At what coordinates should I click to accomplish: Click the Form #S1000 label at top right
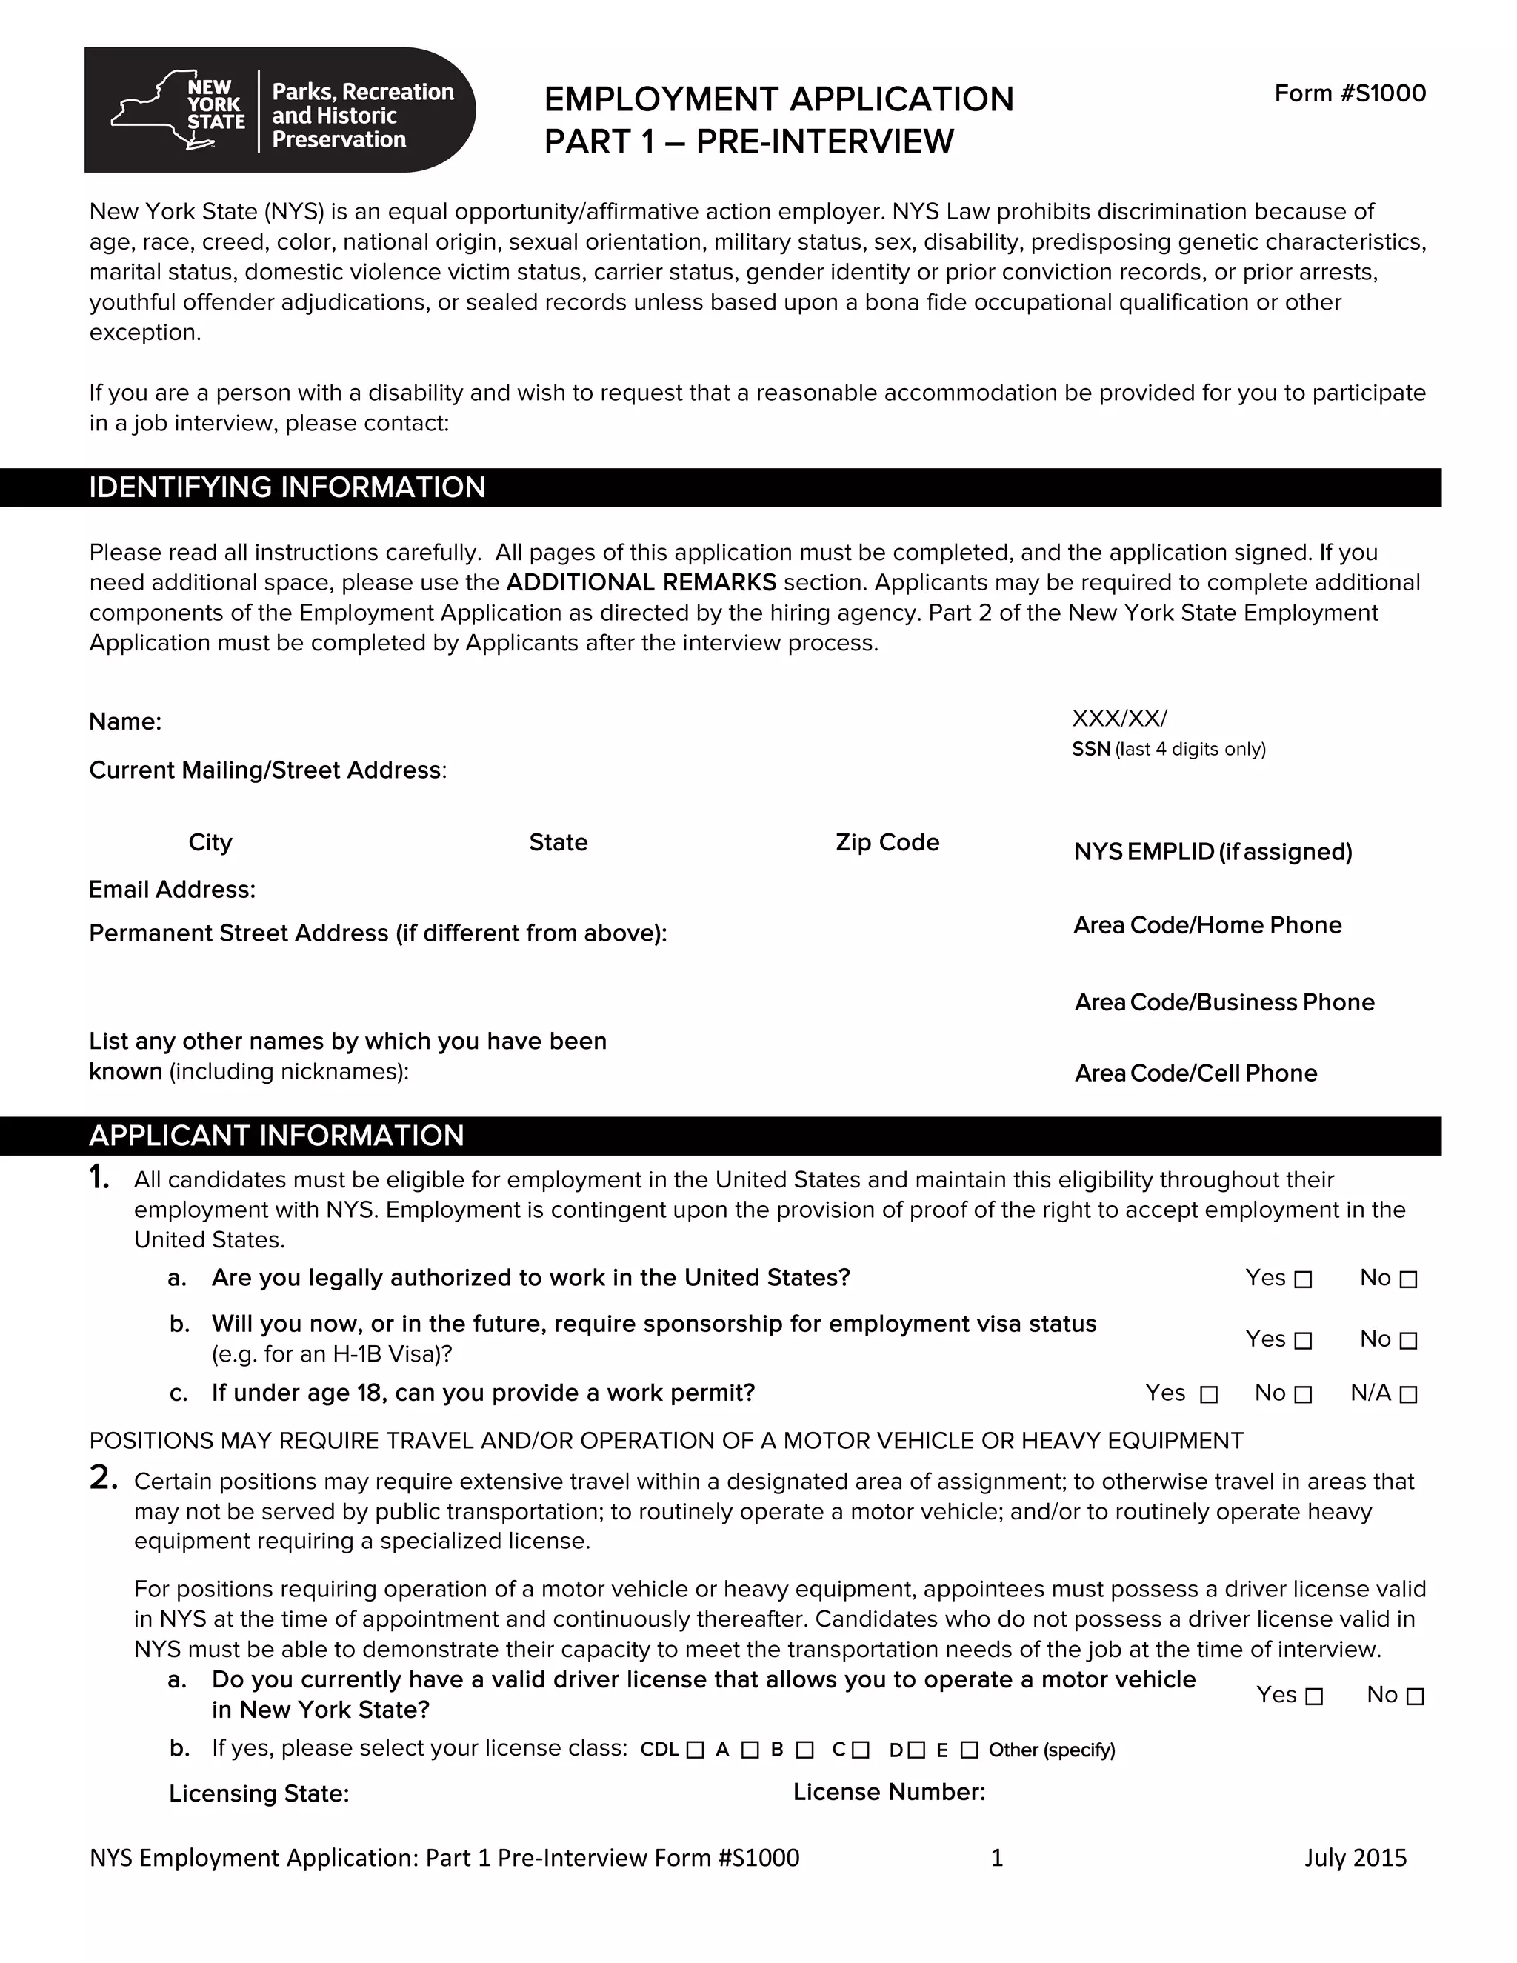[1349, 93]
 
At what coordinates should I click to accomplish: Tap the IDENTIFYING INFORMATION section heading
[287, 487]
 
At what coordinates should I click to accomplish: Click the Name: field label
[125, 721]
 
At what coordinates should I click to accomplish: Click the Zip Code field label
[887, 842]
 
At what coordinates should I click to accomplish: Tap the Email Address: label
[172, 889]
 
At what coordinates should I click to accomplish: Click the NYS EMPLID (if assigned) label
[1213, 851]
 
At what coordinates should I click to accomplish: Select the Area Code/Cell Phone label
[1196, 1073]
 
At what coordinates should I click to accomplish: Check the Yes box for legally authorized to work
[1303, 1279]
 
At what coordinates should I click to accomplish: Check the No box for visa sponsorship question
[1408, 1340]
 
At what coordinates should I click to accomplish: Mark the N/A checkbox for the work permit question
[1408, 1394]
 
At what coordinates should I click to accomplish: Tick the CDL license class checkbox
[695, 1750]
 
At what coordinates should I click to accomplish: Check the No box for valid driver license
[1415, 1696]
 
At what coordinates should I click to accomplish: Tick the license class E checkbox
[969, 1750]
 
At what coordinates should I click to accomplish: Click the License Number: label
[889, 1792]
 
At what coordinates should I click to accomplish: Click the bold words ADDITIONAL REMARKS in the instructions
[641, 582]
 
